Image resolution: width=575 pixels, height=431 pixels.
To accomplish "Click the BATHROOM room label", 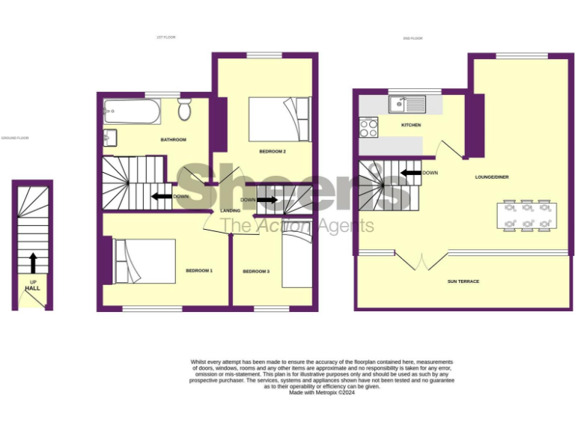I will click(173, 140).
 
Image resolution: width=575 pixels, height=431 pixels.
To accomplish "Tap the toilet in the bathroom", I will click(184, 111).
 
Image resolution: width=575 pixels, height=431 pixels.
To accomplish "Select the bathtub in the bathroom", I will click(132, 112).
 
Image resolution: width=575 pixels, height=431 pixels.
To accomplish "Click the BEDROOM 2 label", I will click(273, 151).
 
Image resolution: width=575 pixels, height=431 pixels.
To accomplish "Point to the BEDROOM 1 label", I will click(200, 270).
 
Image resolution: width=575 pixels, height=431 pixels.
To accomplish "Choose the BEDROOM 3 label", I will click(256, 271).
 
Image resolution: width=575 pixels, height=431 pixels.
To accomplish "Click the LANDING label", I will click(230, 211).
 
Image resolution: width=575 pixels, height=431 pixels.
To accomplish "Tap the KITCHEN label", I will click(411, 125).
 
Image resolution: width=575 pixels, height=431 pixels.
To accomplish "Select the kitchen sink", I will click(407, 104).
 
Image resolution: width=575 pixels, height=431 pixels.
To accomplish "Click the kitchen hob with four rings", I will click(368, 128).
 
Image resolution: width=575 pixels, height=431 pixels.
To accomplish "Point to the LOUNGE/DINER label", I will click(492, 177).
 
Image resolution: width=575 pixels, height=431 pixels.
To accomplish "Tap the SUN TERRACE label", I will click(463, 281).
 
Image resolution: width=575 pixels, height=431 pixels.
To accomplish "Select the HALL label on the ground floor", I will click(32, 288).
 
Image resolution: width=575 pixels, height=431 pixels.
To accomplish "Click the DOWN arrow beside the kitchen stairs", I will click(410, 173).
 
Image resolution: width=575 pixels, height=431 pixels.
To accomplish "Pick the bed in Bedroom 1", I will click(144, 261).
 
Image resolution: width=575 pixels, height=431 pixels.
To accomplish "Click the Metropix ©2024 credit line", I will click(322, 393).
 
